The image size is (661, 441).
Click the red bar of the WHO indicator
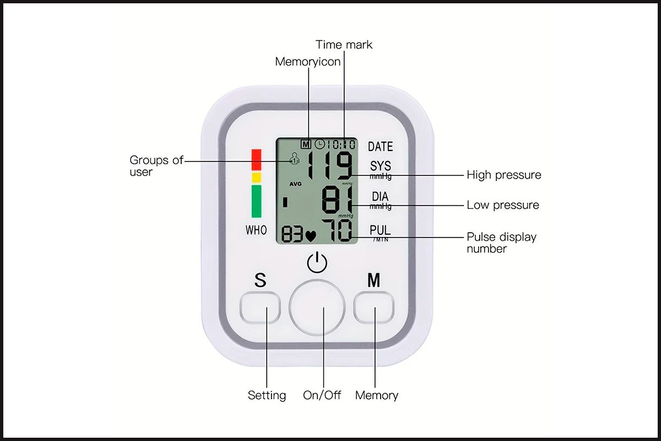[x=256, y=160]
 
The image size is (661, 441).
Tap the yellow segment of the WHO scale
[x=256, y=178]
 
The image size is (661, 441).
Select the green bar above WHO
[x=256, y=201]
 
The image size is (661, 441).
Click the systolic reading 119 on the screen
[x=330, y=165]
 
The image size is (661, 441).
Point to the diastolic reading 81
[x=337, y=200]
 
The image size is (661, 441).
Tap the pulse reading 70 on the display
[x=337, y=230]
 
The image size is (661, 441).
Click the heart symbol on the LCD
[x=311, y=236]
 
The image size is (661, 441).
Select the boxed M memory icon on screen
[x=306, y=144]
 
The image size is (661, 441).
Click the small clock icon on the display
[x=319, y=144]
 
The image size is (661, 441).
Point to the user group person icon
[x=294, y=159]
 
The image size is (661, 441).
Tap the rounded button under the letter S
[x=260, y=308]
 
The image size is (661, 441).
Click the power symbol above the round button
[x=317, y=262]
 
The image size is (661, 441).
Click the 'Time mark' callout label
[x=344, y=45]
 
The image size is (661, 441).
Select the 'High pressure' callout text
[x=503, y=175]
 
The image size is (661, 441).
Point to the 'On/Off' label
[x=322, y=395]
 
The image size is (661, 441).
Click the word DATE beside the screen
[x=381, y=147]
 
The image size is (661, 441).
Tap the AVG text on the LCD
[x=295, y=184]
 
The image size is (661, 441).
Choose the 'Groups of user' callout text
[x=156, y=166]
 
